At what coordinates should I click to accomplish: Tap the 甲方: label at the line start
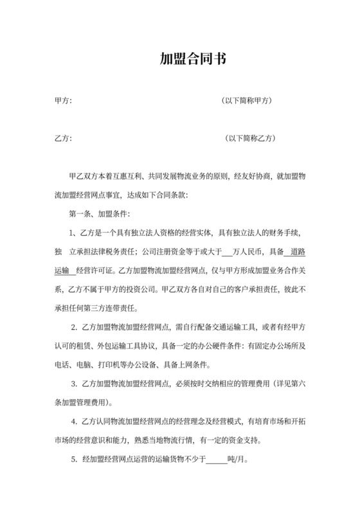pos(64,101)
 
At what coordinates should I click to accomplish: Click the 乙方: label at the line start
pos(64,138)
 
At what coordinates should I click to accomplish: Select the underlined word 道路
pos(298,251)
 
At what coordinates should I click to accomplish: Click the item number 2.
pos(75,326)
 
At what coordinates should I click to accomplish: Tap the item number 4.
pos(75,422)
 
